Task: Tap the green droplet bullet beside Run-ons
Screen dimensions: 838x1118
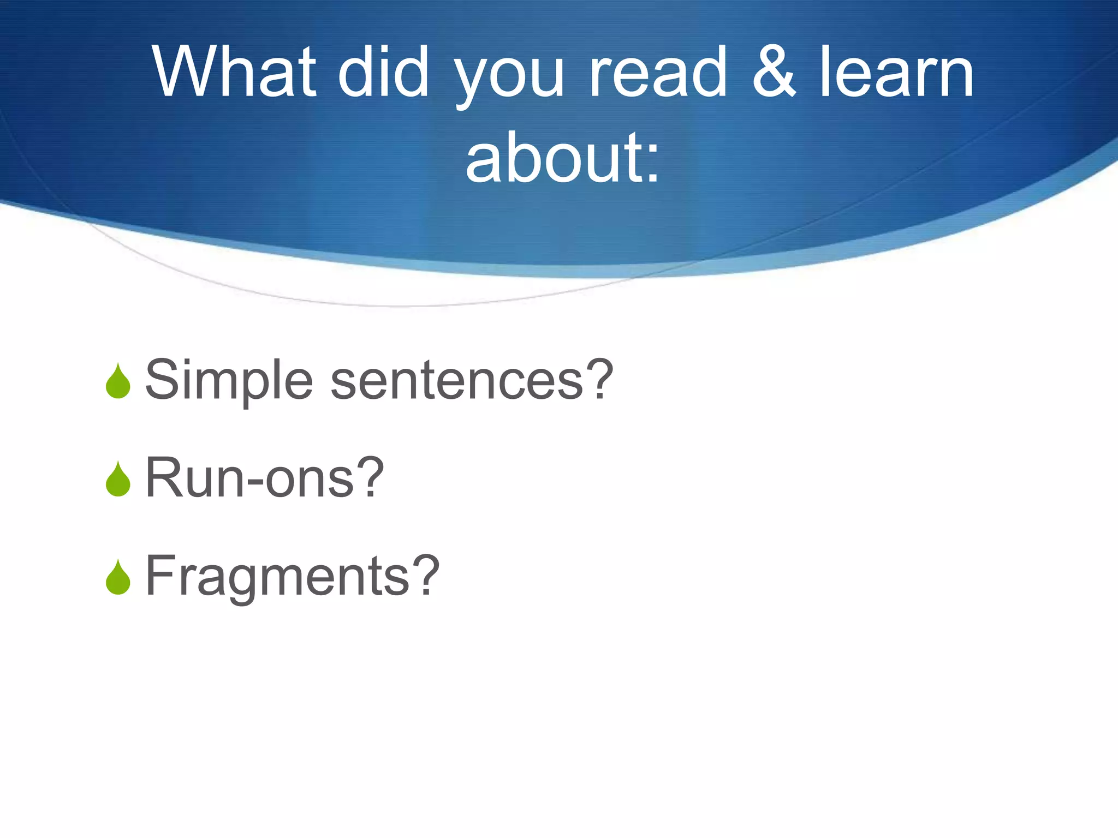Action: (118, 480)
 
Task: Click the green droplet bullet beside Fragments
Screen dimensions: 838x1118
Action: (118, 578)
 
